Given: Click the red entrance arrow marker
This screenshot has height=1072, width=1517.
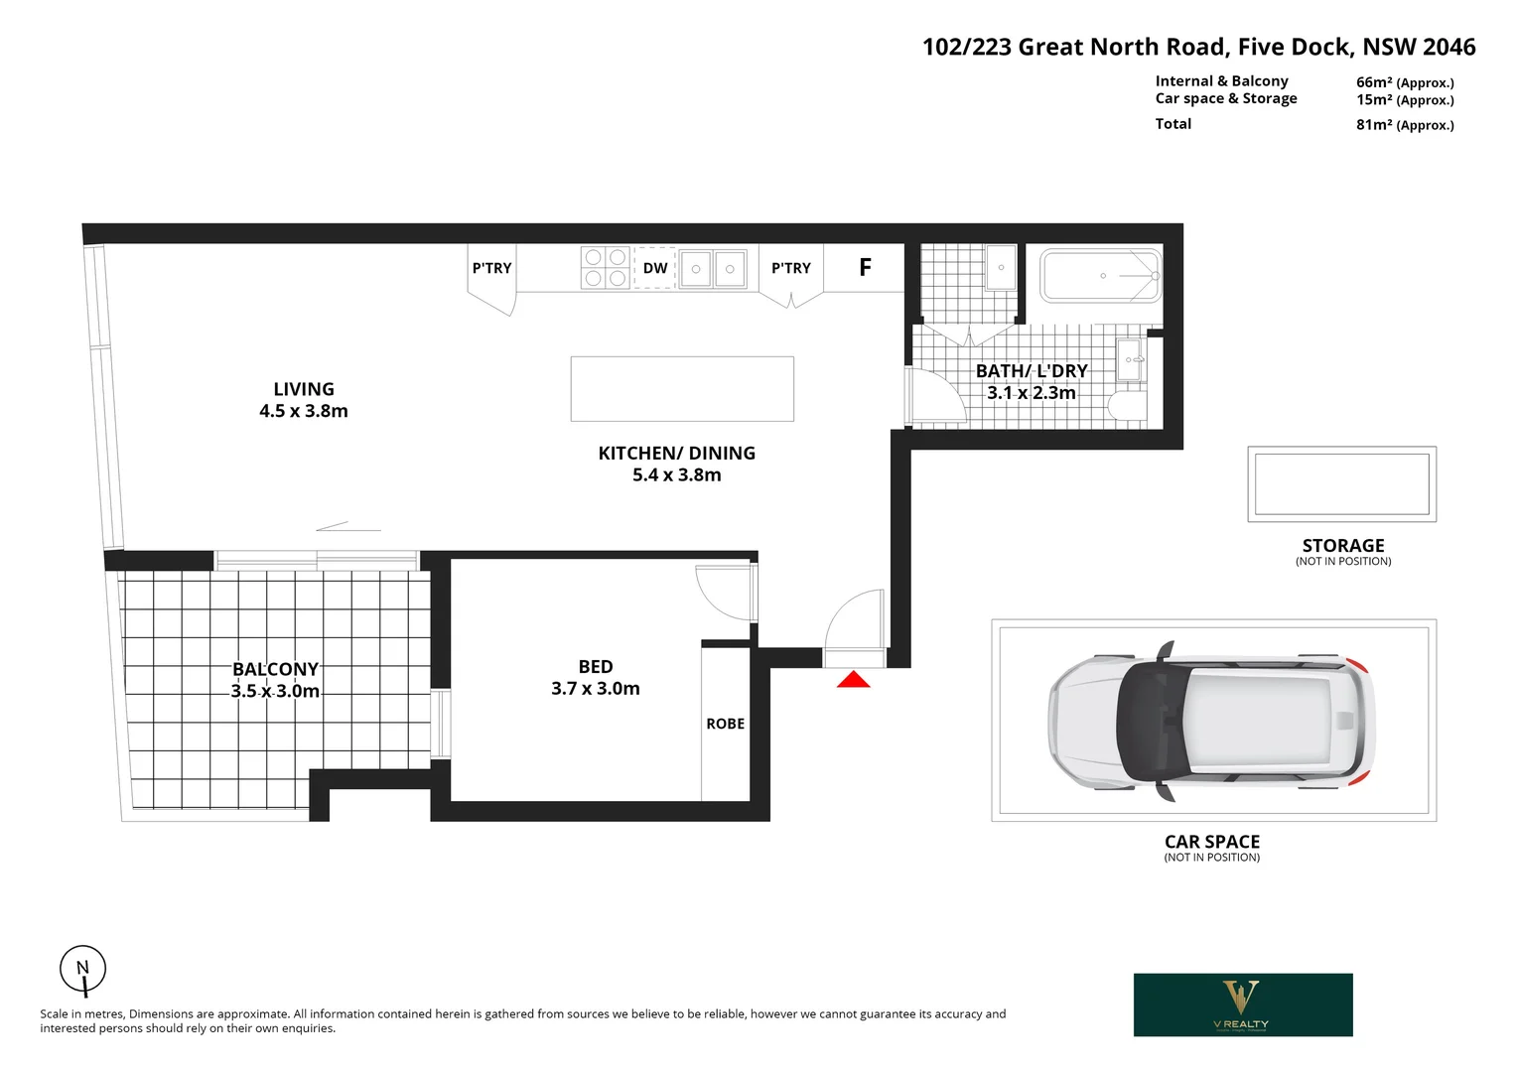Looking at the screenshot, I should [x=853, y=680].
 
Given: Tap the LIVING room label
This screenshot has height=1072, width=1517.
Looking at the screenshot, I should [x=304, y=389].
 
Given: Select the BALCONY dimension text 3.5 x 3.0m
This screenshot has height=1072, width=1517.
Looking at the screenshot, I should [x=275, y=691].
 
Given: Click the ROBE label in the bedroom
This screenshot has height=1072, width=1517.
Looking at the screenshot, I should [x=725, y=724].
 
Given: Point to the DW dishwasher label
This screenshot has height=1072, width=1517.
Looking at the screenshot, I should [x=655, y=268].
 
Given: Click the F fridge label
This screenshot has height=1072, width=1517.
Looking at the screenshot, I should [x=865, y=267].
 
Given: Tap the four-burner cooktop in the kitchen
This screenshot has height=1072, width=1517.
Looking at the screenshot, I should [x=606, y=267].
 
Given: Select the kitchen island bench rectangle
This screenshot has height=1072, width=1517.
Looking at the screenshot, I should [x=682, y=389].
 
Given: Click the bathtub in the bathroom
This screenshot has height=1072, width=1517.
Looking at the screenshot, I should [x=1100, y=275].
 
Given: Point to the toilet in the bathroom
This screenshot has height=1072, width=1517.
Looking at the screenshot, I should [x=1126, y=406].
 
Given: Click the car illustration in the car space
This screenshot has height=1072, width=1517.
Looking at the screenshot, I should [x=1212, y=721].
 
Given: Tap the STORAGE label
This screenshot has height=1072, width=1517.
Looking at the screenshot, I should [x=1342, y=545].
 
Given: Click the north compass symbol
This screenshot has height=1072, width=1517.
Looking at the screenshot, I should [x=82, y=970].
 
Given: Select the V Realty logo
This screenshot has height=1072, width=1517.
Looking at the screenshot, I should [x=1242, y=1005].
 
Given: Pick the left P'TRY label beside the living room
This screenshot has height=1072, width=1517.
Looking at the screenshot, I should [x=491, y=268].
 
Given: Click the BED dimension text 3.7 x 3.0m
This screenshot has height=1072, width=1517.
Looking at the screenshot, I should [x=595, y=688].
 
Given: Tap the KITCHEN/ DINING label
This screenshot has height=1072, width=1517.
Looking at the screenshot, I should [x=676, y=453].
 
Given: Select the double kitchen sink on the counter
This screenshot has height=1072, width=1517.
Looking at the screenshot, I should [x=713, y=268].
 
